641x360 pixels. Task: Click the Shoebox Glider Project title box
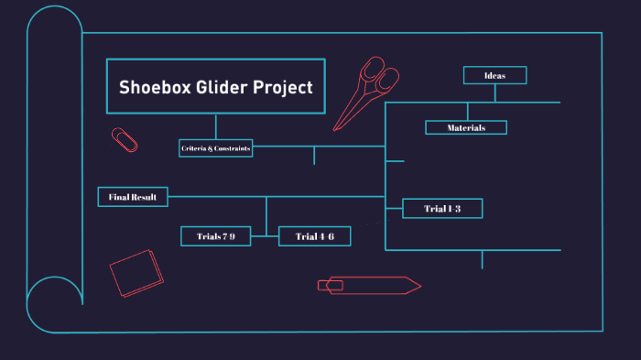coord(216,87)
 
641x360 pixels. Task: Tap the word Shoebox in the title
coord(151,88)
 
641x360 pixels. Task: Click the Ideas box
coord(494,75)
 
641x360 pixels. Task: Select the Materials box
coord(466,127)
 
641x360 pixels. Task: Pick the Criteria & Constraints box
coord(216,148)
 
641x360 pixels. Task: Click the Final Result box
coord(133,197)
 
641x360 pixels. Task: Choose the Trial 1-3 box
coord(442,209)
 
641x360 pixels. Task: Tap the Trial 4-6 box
coord(314,236)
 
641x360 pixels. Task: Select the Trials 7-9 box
coord(215,236)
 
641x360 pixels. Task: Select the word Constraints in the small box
coord(232,148)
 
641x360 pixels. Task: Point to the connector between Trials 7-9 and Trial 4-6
coord(265,236)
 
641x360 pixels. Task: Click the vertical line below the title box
coord(216,126)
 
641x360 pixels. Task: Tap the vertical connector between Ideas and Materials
coord(468,111)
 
